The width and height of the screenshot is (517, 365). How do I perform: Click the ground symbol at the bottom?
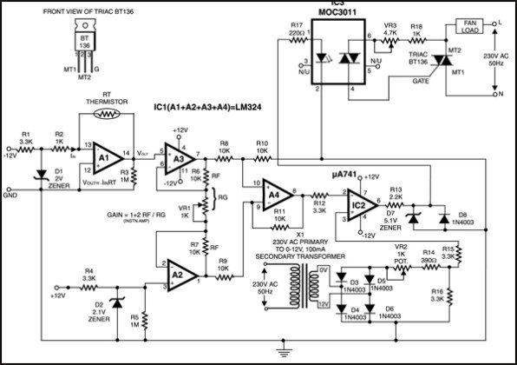280,351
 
